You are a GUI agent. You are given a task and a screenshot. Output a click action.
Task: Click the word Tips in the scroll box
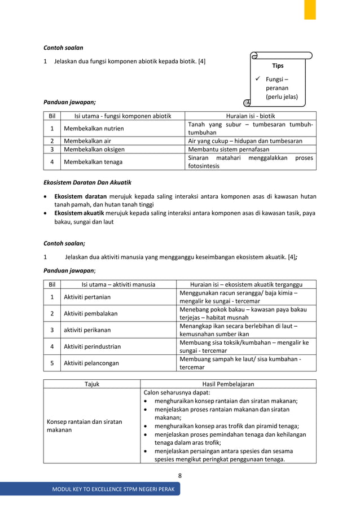point(278,66)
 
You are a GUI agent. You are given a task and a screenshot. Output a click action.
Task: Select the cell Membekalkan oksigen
point(94,150)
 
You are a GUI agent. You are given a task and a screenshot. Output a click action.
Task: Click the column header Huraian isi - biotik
point(250,116)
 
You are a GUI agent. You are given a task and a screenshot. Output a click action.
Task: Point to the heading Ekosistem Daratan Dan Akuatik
point(87,183)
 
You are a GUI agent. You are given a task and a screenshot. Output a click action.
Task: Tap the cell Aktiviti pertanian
point(87,297)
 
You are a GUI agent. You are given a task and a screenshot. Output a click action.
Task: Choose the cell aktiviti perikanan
point(87,330)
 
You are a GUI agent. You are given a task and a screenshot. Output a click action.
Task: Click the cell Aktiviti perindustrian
point(92,346)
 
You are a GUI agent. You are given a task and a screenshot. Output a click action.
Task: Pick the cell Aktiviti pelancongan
point(91,363)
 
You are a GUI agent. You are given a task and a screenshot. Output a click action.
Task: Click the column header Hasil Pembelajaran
point(227,384)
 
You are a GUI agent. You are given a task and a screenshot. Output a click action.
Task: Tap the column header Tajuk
point(91,384)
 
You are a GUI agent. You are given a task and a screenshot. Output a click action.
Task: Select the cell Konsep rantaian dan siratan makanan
point(84,426)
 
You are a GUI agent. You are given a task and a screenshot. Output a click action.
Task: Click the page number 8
point(179,476)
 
